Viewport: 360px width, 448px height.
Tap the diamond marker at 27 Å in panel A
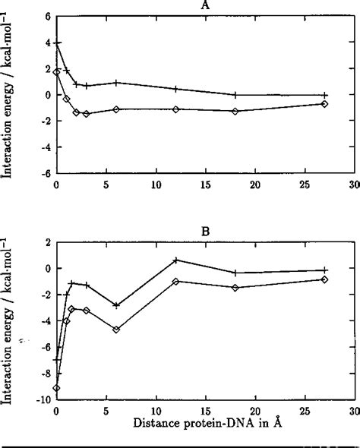324,104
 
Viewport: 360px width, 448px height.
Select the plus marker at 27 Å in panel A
324,95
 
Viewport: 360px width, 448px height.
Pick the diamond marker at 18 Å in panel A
235,112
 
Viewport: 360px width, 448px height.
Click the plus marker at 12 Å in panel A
175,89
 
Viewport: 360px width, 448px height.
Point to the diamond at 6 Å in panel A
116,109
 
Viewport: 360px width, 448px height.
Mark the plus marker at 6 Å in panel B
116,305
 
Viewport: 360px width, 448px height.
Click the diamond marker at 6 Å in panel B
116,330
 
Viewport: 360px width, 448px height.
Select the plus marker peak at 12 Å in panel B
175,260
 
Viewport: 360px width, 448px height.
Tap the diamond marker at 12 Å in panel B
175,282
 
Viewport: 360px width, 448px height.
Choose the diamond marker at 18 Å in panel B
235,288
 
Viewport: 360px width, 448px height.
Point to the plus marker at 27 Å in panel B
324,270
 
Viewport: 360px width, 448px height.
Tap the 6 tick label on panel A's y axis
47,17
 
